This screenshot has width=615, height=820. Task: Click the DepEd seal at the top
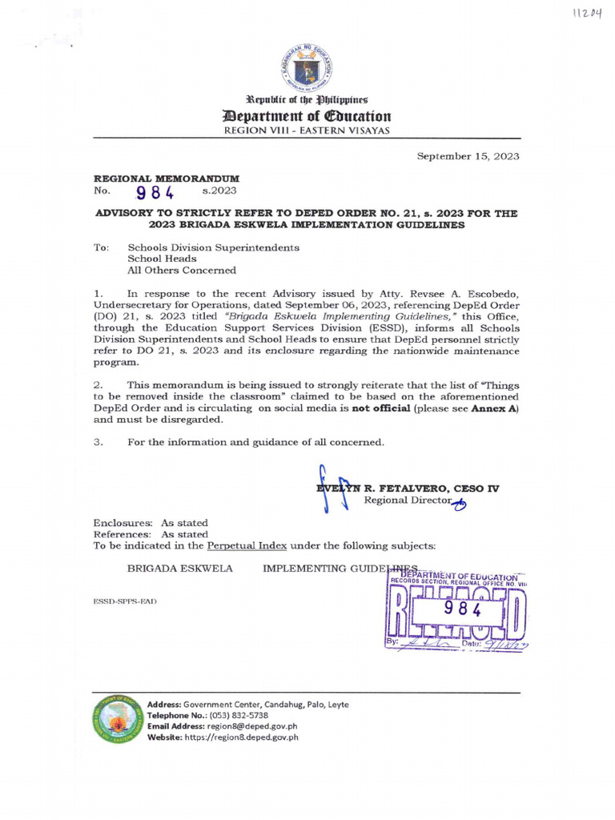[307, 68]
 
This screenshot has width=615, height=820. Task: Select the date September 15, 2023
[468, 156]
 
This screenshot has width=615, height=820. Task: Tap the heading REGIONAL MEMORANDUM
[167, 178]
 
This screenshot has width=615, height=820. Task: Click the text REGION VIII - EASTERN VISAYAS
[307, 130]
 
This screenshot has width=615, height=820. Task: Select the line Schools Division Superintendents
[213, 247]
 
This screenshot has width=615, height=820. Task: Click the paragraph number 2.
[98, 385]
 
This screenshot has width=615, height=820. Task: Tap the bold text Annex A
[496, 408]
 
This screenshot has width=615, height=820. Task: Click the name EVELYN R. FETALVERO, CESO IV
[408, 488]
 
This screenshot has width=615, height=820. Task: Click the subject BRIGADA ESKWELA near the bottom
[180, 568]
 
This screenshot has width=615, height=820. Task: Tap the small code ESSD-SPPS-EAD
[125, 601]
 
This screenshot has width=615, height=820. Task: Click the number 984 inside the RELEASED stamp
[460, 608]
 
